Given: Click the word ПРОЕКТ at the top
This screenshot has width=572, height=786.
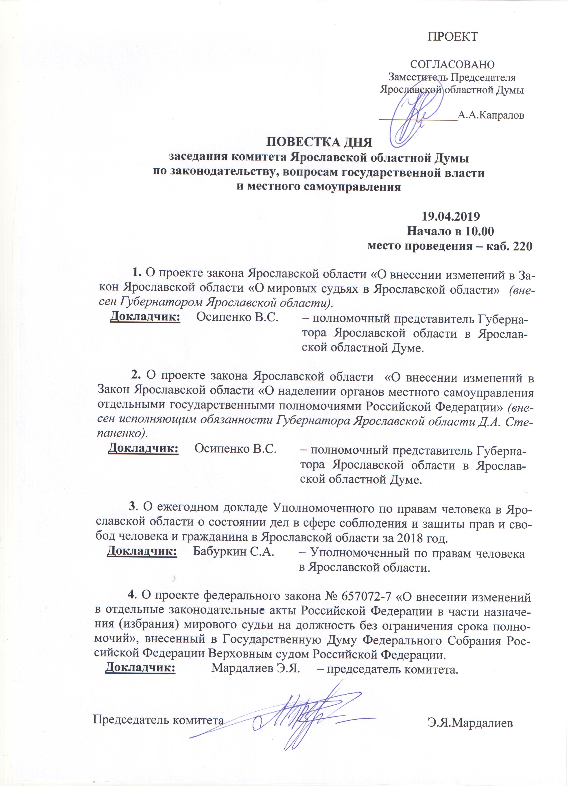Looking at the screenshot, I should (452, 36).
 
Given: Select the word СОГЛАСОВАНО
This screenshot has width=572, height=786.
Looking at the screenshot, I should (452, 65).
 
